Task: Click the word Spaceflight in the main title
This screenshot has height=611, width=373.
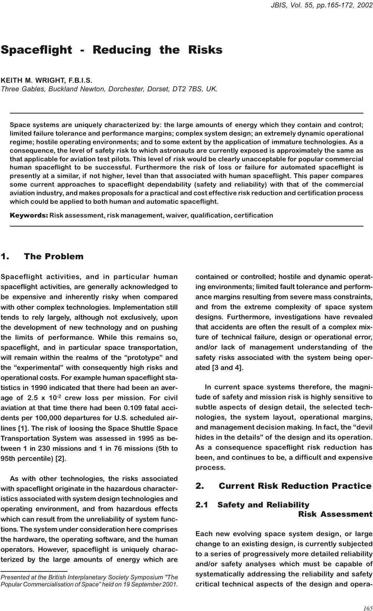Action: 36,50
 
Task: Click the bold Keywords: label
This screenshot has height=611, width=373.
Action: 29,215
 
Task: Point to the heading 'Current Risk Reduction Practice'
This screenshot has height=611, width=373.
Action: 295,486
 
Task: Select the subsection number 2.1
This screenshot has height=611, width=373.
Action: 202,505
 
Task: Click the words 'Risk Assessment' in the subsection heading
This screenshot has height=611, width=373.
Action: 335,514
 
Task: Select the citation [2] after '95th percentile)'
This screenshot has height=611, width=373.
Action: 60,458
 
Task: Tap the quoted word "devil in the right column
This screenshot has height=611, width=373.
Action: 359,427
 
